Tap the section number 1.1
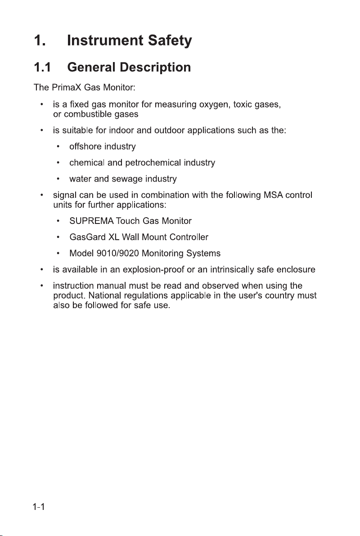44,68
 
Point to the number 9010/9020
115,253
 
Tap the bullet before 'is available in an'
41,270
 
